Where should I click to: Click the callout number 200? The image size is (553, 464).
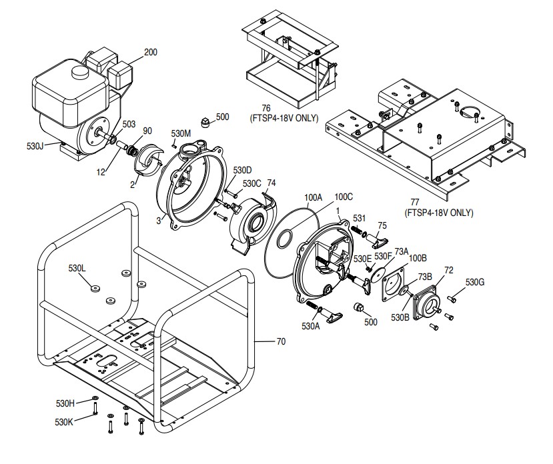tap(151, 52)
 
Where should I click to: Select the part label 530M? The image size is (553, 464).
tap(181, 133)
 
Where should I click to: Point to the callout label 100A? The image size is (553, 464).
tap(313, 198)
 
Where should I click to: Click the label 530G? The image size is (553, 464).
tap(475, 282)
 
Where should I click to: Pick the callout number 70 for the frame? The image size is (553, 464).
tap(281, 342)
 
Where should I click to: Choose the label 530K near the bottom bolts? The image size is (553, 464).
tap(65, 421)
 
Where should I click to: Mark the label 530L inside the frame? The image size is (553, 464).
tap(77, 268)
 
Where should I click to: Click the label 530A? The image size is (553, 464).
tap(311, 326)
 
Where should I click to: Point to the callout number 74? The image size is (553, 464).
tap(271, 183)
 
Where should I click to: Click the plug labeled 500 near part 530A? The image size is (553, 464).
tap(357, 309)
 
